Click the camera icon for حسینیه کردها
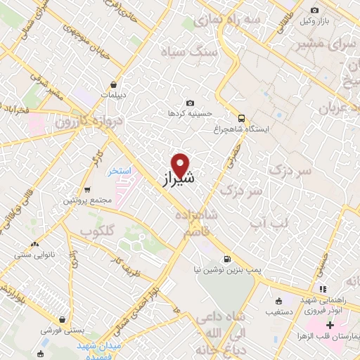[x=190, y=103]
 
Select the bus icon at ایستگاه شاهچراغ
[x=241, y=118]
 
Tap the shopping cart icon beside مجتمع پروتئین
[x=86, y=190]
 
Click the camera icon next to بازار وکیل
[x=314, y=10]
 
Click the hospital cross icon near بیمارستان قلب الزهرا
[x=330, y=326]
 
